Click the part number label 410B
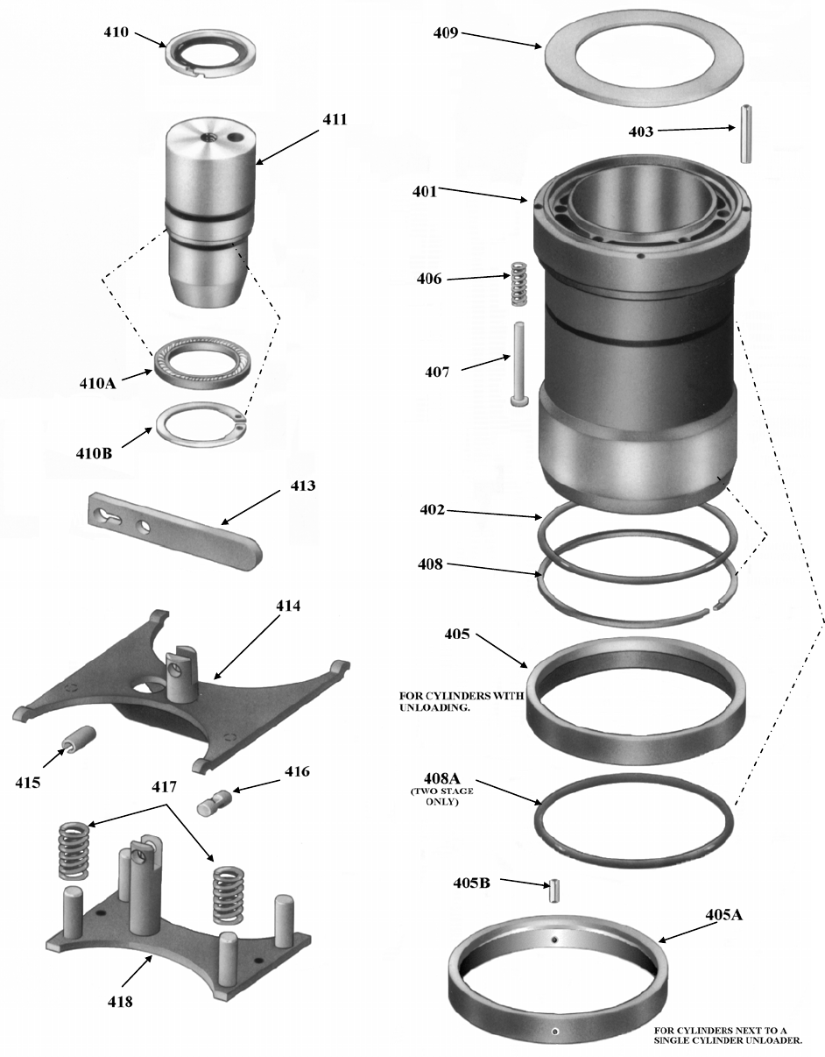[94, 453]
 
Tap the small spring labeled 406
[519, 284]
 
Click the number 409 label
[446, 33]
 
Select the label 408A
[441, 778]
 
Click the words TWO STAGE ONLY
[441, 796]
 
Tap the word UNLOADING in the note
[435, 707]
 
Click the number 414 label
[288, 606]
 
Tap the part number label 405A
[724, 914]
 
